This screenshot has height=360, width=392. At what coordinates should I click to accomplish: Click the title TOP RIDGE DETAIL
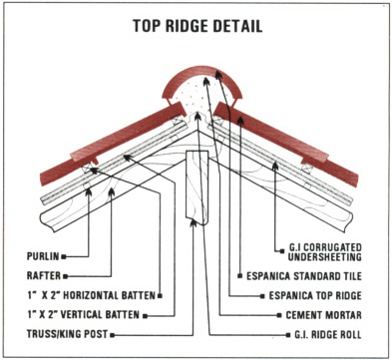click(197, 26)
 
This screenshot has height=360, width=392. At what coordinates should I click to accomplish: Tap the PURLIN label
click(43, 256)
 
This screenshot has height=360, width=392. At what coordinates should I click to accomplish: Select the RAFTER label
click(44, 275)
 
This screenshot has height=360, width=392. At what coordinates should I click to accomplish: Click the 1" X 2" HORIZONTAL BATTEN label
click(92, 295)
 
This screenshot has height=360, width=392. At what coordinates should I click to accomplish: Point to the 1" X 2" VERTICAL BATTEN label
click(84, 314)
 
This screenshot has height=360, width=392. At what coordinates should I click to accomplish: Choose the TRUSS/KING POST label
click(68, 334)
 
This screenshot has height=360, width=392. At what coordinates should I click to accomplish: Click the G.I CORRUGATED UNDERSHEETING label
click(325, 252)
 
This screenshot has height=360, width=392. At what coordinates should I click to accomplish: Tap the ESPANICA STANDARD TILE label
click(304, 276)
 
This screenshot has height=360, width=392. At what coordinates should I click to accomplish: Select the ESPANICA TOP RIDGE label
click(315, 295)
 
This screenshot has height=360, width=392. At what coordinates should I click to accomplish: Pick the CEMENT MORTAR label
click(323, 314)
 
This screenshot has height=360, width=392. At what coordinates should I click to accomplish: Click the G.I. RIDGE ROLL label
click(328, 334)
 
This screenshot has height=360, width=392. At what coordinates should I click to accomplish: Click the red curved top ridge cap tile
click(202, 72)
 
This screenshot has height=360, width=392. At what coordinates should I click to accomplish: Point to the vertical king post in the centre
click(197, 186)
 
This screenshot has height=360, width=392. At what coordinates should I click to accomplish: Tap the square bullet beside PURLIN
click(64, 256)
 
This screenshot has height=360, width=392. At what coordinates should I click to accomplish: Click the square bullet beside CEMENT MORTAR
click(279, 315)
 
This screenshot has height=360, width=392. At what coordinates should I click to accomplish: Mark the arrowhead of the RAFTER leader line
click(112, 191)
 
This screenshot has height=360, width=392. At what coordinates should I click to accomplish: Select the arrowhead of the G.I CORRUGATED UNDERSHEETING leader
click(275, 166)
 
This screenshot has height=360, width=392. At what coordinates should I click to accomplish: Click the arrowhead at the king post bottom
click(194, 222)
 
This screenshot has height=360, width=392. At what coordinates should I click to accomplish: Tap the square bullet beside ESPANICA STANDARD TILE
click(239, 276)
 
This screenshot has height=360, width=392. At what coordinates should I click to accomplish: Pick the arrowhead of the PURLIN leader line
click(89, 192)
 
